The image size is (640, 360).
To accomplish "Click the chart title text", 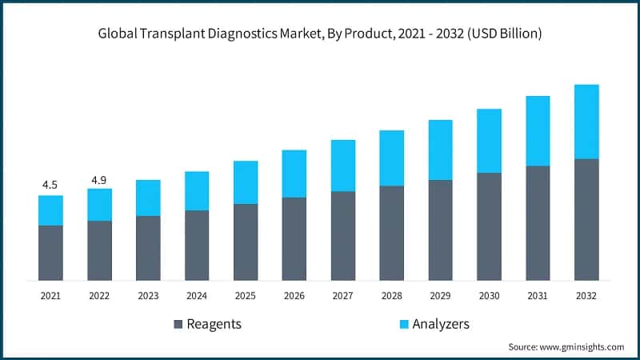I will coord(320,34).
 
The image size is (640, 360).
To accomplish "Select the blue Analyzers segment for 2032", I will coord(586,122).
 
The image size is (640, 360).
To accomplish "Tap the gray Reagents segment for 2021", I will coord(50,253).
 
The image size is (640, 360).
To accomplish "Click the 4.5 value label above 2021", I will coord(50,185).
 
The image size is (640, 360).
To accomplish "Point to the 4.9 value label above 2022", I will coord(99,179).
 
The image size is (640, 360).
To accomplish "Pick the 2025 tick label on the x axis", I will coord(245,296).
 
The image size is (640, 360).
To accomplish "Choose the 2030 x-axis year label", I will coord(489,296).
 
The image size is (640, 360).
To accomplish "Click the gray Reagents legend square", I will coord(178,324).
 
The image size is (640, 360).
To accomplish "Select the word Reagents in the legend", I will coord(214,324).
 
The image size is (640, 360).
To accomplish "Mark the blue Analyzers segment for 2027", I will coord(343,166).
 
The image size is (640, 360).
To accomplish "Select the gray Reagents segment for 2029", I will coord(440,230).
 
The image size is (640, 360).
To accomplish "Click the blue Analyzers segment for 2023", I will coord(148,198).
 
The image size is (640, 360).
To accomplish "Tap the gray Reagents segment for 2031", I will coord(538,223).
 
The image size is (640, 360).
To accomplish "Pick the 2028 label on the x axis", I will coord(391,296).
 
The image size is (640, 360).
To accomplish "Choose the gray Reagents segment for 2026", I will coord(294,239).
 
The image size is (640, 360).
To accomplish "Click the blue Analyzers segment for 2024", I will coord(197,190).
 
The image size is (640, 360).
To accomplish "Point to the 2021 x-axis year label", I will coord(50,296).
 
